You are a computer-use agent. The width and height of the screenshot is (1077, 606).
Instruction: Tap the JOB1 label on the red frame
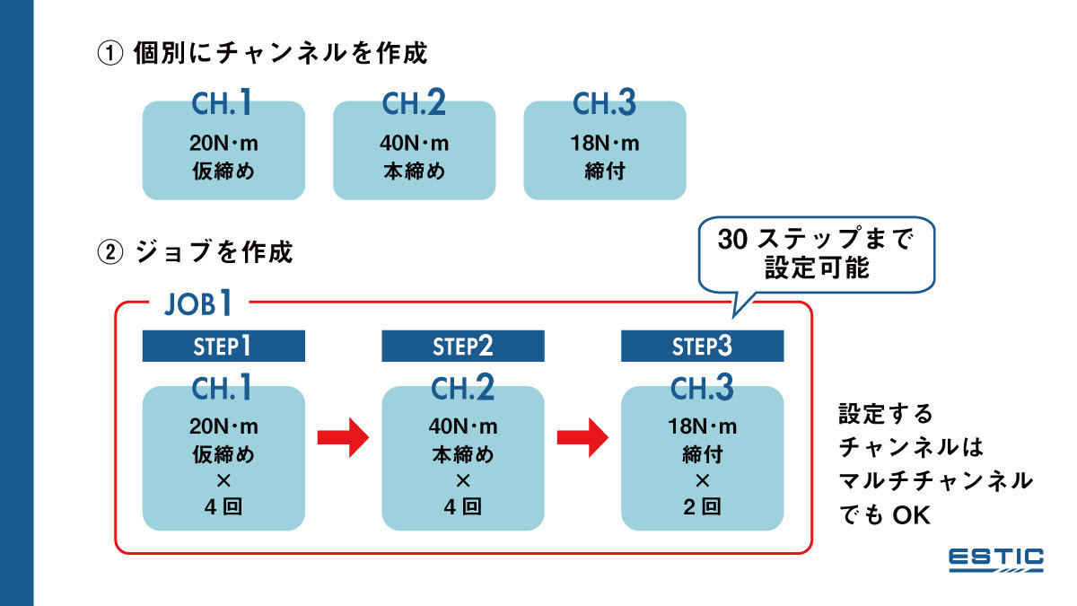pyautogui.click(x=198, y=303)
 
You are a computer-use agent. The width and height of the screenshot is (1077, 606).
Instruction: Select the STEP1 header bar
pyautogui.click(x=223, y=346)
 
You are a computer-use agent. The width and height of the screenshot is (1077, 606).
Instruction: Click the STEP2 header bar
pyautogui.click(x=462, y=346)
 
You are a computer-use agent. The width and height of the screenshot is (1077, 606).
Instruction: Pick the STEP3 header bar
pyautogui.click(x=702, y=346)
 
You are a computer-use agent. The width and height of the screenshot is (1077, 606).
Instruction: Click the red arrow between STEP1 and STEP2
pyautogui.click(x=344, y=438)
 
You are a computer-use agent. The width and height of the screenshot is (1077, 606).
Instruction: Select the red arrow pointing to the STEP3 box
pyautogui.click(x=583, y=438)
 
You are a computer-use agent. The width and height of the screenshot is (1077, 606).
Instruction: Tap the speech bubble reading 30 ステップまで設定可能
pyautogui.click(x=817, y=255)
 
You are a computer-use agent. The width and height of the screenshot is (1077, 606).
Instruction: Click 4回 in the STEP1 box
pyautogui.click(x=223, y=506)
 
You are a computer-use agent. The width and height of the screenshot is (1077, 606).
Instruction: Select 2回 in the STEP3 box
pyautogui.click(x=702, y=506)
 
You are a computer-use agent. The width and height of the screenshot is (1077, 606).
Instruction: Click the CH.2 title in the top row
pyautogui.click(x=414, y=104)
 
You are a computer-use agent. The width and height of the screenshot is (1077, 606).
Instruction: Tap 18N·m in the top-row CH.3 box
pyautogui.click(x=604, y=144)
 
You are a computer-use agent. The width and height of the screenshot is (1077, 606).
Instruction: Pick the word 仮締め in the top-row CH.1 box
pyautogui.click(x=223, y=171)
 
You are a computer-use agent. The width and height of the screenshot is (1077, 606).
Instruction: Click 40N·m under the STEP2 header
pyautogui.click(x=462, y=426)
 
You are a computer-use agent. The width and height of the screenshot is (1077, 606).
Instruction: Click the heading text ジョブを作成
pyautogui.click(x=215, y=253)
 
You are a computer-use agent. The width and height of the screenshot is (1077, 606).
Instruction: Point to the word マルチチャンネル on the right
pyautogui.click(x=935, y=481)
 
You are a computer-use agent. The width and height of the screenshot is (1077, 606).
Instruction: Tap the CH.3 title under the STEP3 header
pyautogui.click(x=702, y=389)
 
